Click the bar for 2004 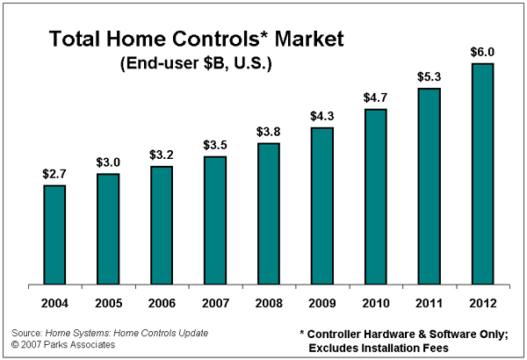click(54, 235)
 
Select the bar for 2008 click(269, 214)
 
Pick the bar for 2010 click(376, 198)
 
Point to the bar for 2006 click(162, 226)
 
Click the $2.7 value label click(54, 174)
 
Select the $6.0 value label click(483, 52)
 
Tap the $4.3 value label click(322, 116)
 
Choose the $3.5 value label click(215, 145)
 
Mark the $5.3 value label click(430, 76)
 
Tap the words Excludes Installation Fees click(379, 349)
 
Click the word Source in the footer click(25, 333)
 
